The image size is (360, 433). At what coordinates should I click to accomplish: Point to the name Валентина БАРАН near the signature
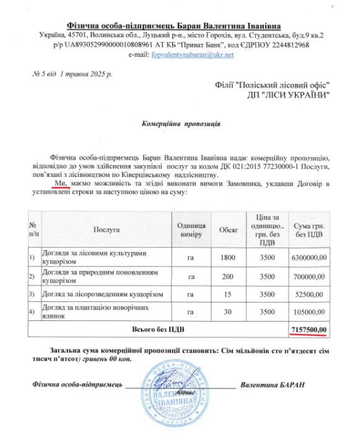point(272,384)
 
